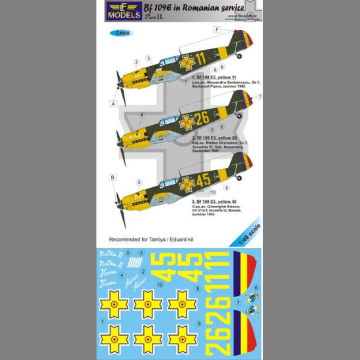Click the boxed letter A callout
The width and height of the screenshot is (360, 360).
click(x=113, y=103)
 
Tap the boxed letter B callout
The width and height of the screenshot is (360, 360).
click(x=113, y=177)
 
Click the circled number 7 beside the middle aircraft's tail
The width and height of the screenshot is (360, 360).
click(x=260, y=96)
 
